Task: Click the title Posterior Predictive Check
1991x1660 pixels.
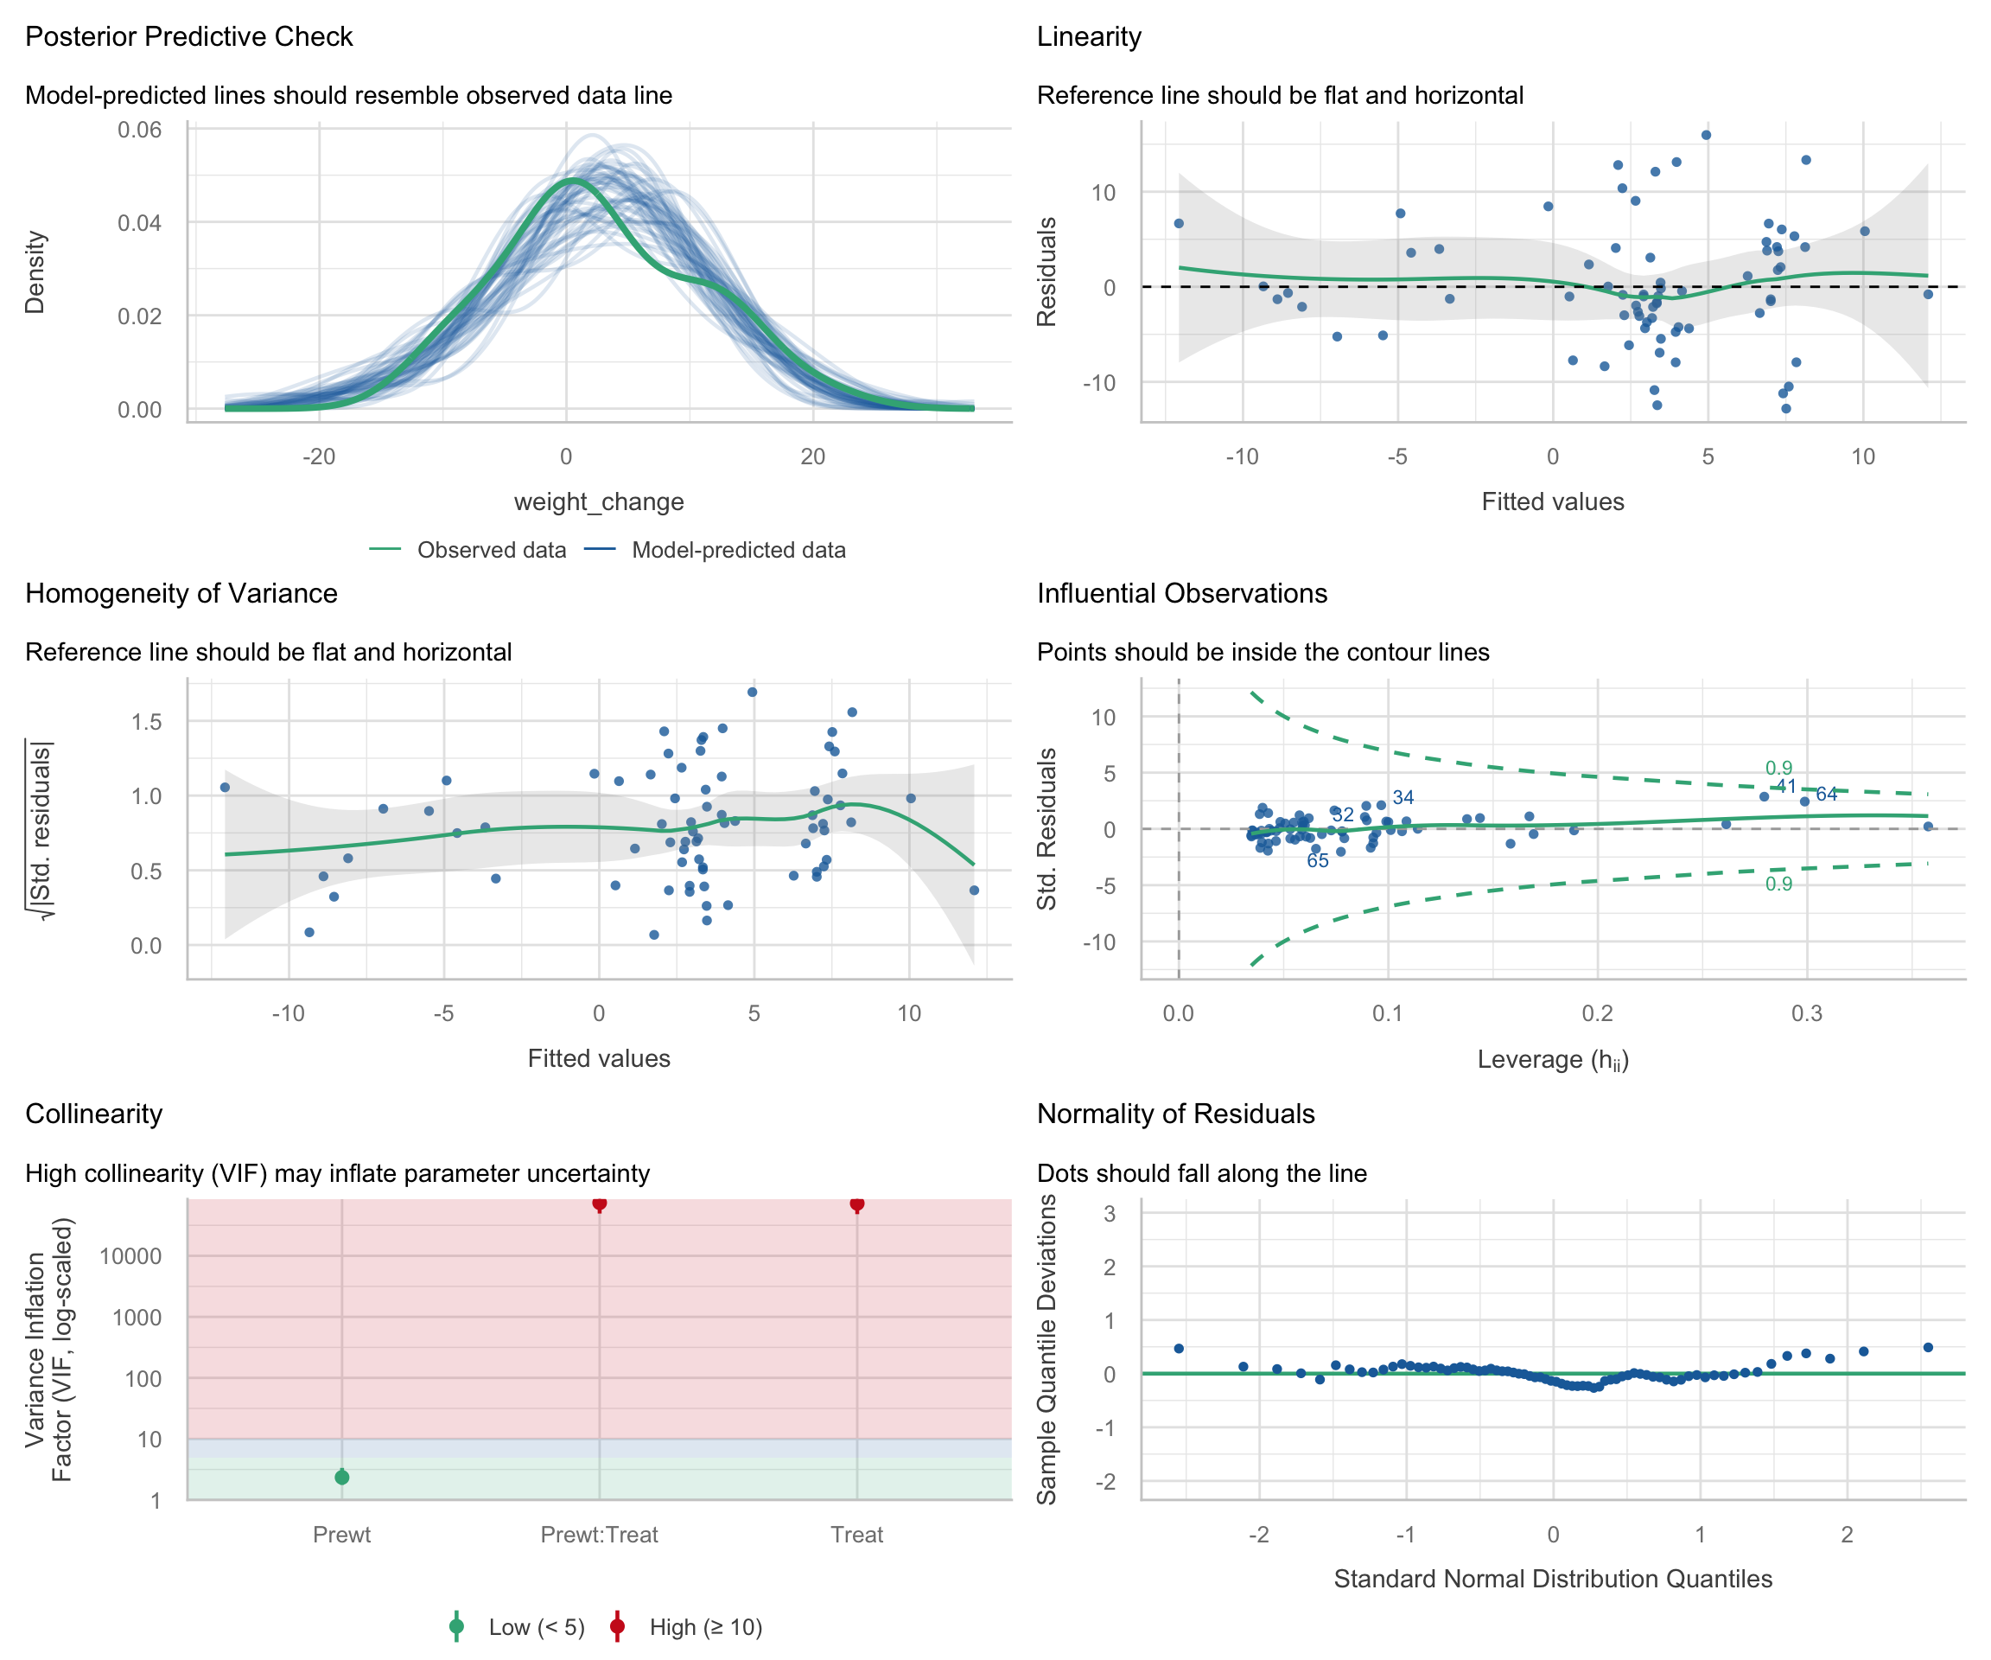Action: pos(188,37)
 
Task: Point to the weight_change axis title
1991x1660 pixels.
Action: pos(598,501)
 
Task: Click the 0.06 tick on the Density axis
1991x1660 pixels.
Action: pos(139,130)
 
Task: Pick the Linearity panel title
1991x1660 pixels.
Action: pos(1089,37)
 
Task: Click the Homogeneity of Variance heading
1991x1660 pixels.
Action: pos(181,594)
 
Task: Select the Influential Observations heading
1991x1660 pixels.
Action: pos(1181,594)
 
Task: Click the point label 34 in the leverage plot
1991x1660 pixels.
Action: pos(1403,798)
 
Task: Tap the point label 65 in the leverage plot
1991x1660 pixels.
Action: pos(1318,861)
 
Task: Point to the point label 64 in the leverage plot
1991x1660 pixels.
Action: pos(1827,795)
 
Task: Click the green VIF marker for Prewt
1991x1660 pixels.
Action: pos(342,1477)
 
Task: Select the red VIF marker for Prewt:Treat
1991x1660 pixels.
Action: pos(599,1203)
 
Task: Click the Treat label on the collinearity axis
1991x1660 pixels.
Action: pos(857,1535)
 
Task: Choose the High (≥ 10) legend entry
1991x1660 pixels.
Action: pos(704,1628)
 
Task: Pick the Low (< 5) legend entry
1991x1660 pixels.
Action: pos(536,1628)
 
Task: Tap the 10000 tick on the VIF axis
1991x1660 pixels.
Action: pos(130,1257)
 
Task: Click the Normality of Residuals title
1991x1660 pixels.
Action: pos(1175,1114)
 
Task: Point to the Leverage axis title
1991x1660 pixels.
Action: pos(1553,1060)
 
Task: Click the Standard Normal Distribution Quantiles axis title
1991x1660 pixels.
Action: pos(1553,1580)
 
